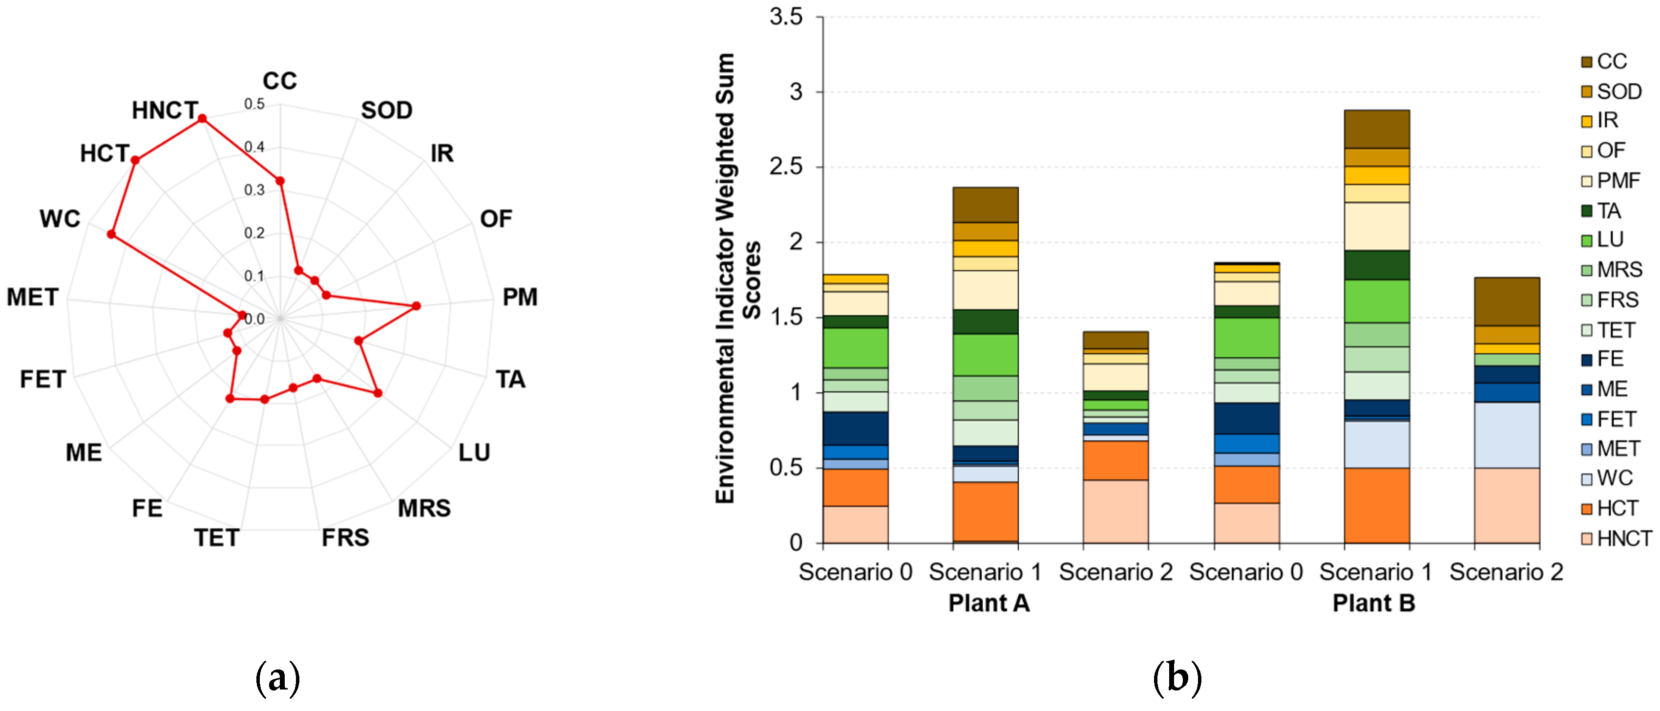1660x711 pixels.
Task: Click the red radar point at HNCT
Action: [x=202, y=119]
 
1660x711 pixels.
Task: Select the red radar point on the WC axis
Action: [x=111, y=235]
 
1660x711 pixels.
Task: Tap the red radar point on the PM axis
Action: [x=416, y=306]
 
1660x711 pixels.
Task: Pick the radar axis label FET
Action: [x=42, y=379]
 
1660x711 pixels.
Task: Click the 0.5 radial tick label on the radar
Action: [x=254, y=104]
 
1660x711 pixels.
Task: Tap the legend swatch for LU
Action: [x=1587, y=240]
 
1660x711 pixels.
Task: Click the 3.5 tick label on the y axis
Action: [x=786, y=17]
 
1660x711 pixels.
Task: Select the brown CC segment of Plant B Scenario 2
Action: [x=1507, y=302]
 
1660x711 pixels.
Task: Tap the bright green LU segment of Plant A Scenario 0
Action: [x=855, y=347]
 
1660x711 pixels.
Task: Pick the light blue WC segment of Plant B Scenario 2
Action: [x=1507, y=435]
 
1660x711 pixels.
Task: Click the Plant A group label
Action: [x=988, y=603]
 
